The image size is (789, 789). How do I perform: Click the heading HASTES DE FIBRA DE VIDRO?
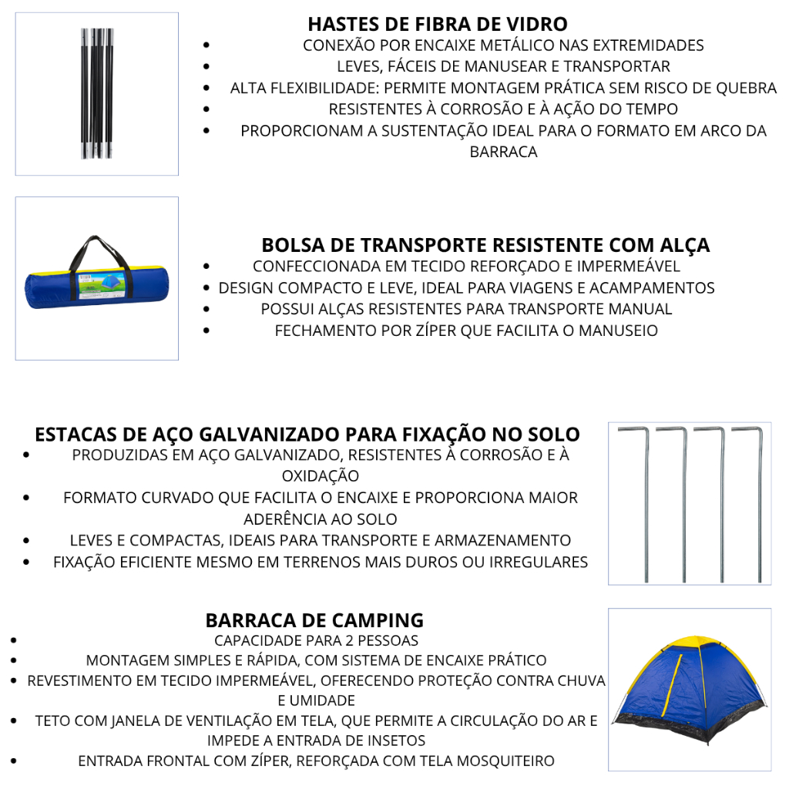coord(438,24)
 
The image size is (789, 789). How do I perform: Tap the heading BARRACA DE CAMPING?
coord(314,619)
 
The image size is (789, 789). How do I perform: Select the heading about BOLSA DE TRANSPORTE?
coord(485,245)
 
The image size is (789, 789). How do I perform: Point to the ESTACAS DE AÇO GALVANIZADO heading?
coord(307,434)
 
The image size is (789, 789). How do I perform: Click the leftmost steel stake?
coord(645,501)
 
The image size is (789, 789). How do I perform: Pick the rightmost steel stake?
coord(759,501)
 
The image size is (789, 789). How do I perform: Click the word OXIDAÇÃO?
coord(320,476)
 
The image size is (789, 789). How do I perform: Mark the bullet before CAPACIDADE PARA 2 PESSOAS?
coord(16,640)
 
